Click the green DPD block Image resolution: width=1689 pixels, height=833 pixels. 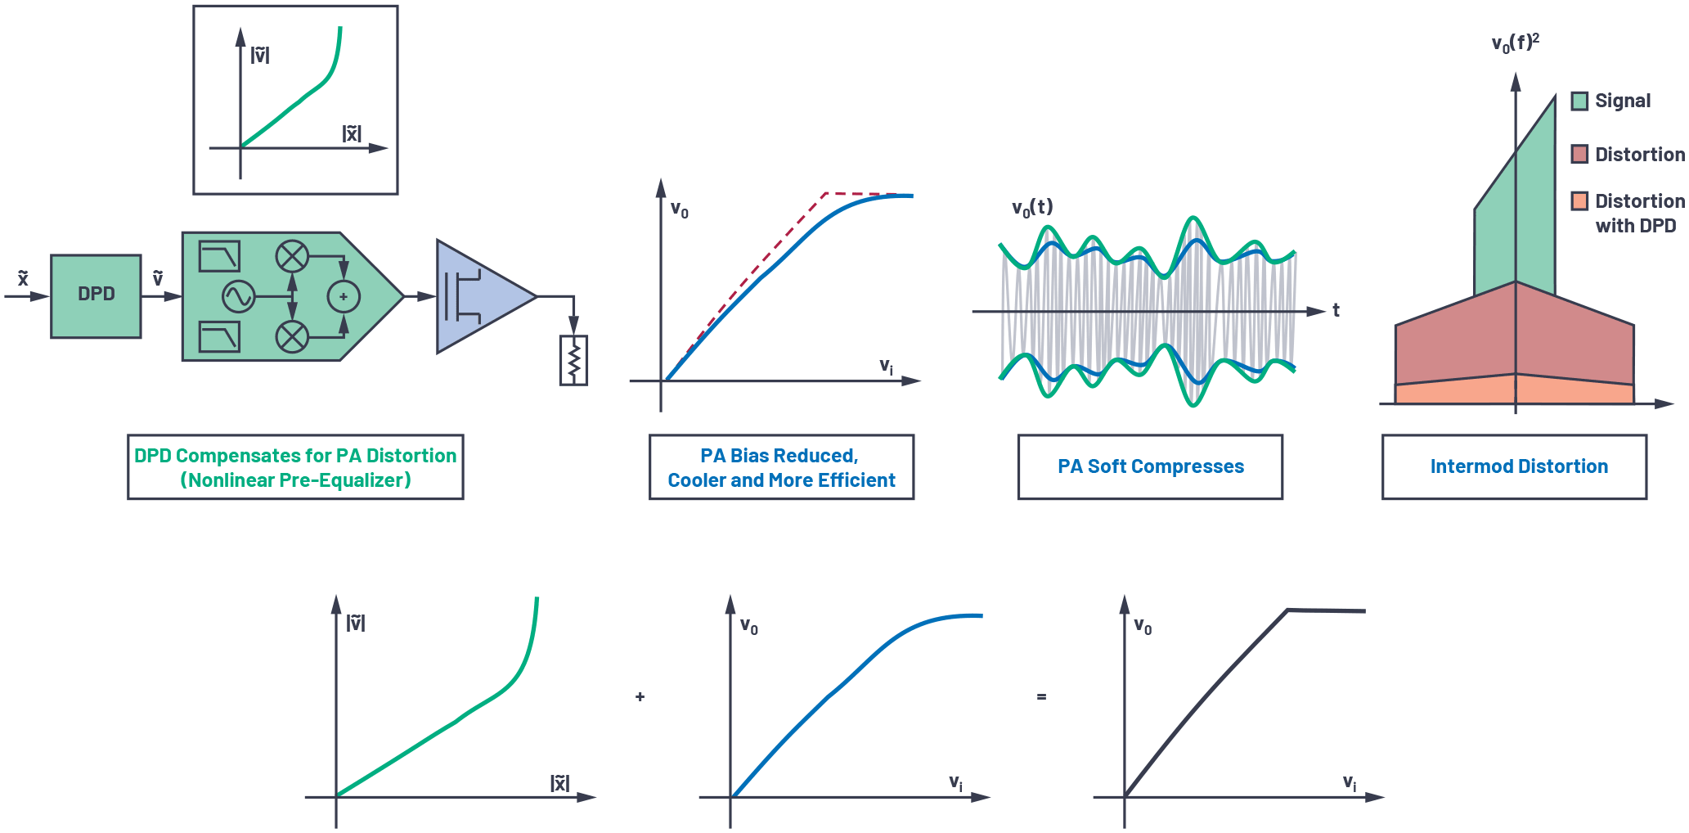tap(96, 295)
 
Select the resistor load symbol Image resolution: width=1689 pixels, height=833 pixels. tap(573, 360)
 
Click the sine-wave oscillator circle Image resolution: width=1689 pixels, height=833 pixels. tap(239, 296)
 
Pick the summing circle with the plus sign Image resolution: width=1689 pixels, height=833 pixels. tap(344, 296)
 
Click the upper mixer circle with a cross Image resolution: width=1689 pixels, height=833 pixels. tap(292, 256)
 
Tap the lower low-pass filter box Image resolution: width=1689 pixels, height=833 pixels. tap(219, 336)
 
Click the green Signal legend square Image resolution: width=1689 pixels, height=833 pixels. tap(1579, 101)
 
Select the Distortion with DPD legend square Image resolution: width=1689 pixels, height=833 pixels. tap(1579, 201)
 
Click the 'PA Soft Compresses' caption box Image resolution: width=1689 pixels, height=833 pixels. tap(1150, 466)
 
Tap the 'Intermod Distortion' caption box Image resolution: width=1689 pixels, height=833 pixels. tap(1514, 466)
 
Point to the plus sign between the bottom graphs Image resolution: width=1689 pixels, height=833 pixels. tap(640, 696)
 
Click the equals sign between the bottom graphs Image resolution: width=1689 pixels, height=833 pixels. tap(1041, 696)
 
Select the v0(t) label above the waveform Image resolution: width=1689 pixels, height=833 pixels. tap(1032, 208)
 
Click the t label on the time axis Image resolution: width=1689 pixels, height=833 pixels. tap(1336, 310)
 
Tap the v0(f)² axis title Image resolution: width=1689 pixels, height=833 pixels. tap(1516, 43)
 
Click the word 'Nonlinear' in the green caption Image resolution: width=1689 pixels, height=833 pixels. tap(231, 480)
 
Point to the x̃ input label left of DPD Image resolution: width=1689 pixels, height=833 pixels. tap(23, 278)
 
